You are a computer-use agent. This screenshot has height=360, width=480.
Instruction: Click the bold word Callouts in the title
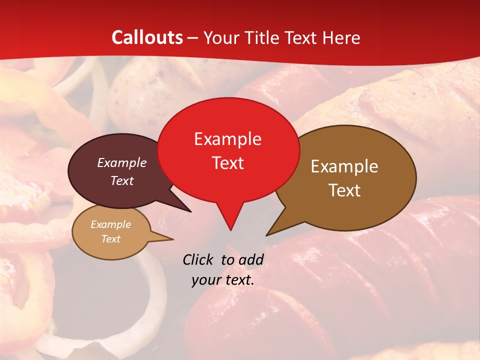[147, 37]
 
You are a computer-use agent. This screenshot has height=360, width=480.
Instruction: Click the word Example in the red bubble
[227, 139]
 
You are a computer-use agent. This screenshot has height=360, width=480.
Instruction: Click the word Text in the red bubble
[227, 163]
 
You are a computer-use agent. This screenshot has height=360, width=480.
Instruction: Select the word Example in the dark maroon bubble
[121, 162]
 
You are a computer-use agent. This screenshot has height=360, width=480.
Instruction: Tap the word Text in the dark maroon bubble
[121, 180]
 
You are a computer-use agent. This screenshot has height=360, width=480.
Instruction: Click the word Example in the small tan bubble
[110, 224]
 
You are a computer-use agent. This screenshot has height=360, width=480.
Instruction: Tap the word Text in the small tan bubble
[110, 239]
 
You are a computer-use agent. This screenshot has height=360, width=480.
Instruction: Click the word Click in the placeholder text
[198, 259]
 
